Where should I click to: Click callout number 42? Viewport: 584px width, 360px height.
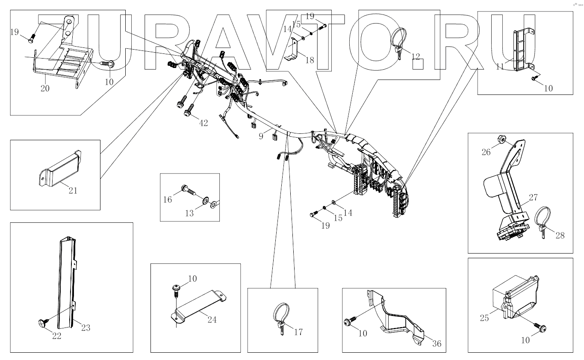coord(204,123)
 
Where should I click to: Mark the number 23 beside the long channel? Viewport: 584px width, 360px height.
coord(86,328)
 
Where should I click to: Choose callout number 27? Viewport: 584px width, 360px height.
coord(533,198)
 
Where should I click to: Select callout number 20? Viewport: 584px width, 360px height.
coord(45,89)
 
